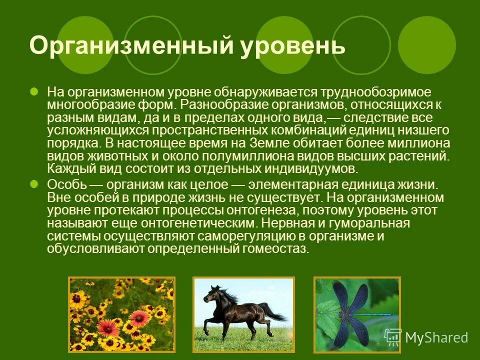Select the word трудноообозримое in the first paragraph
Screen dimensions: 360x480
click(x=376, y=93)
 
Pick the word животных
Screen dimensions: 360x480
click(x=108, y=155)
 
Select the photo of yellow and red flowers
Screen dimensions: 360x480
click(x=121, y=313)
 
